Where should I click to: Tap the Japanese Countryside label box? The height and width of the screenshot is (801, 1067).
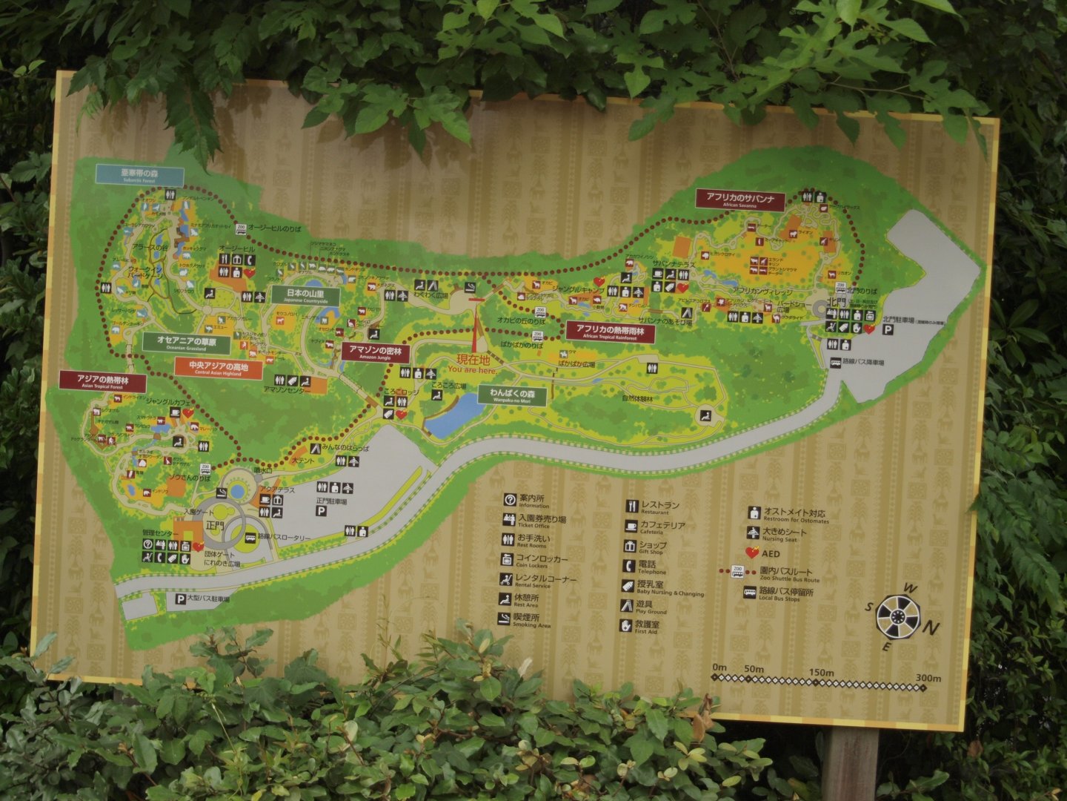tap(305, 295)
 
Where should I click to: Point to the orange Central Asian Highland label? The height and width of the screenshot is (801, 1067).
tap(219, 368)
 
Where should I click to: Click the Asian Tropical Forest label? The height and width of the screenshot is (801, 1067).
tap(103, 381)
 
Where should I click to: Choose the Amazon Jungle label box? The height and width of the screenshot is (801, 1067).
tap(375, 352)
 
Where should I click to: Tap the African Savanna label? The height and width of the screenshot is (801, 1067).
tap(739, 200)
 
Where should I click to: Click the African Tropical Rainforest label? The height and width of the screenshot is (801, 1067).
tap(611, 332)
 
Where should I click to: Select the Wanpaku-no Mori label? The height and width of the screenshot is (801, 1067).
tap(512, 395)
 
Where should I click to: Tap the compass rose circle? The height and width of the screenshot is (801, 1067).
tap(898, 617)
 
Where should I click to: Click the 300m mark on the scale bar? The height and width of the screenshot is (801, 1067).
tap(927, 679)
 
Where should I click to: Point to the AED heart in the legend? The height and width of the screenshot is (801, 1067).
tap(752, 553)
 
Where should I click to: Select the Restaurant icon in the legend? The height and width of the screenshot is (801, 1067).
tap(631, 507)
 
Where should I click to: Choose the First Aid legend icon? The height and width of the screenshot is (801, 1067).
tap(627, 625)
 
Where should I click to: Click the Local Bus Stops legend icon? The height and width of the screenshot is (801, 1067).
tap(750, 593)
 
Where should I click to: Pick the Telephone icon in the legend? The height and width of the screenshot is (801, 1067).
tap(628, 566)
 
